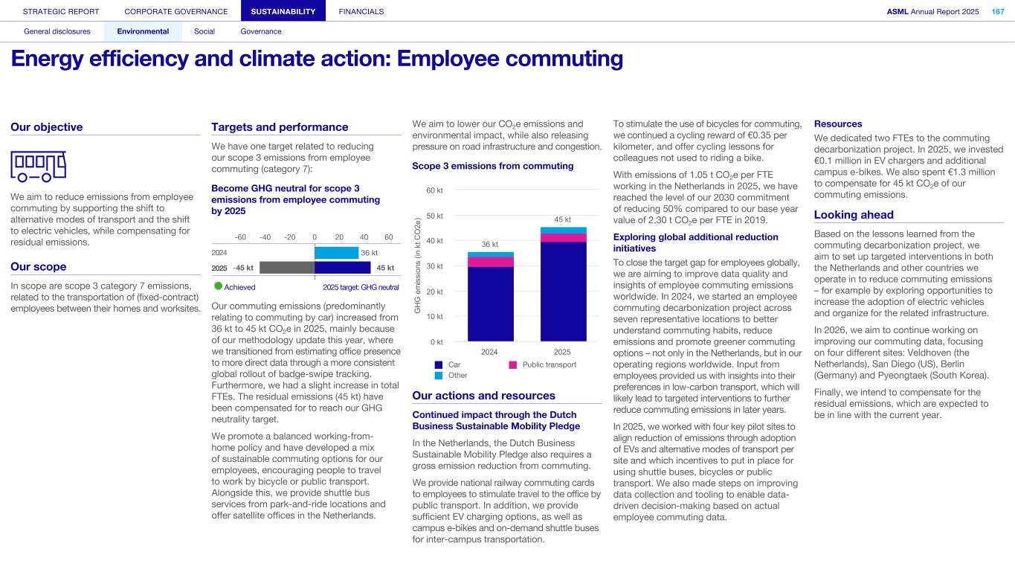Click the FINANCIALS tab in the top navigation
pyautogui.click(x=361, y=11)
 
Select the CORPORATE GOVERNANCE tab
pyautogui.click(x=176, y=11)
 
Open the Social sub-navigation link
pyautogui.click(x=204, y=31)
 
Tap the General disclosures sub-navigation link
pyautogui.click(x=57, y=31)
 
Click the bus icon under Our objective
pyautogui.click(x=38, y=166)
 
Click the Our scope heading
pyautogui.click(x=39, y=266)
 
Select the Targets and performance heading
pyautogui.click(x=280, y=127)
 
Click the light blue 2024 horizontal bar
pyautogui.click(x=336, y=253)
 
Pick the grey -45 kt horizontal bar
pyautogui.click(x=287, y=267)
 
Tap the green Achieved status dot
pyautogui.click(x=218, y=286)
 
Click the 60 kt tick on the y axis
pyautogui.click(x=435, y=190)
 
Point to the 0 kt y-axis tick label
pyautogui.click(x=436, y=342)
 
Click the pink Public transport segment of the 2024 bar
pyautogui.click(x=489, y=262)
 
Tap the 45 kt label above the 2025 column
pyautogui.click(x=563, y=219)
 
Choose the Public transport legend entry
pyautogui.click(x=542, y=364)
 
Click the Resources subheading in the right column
pyautogui.click(x=838, y=123)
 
